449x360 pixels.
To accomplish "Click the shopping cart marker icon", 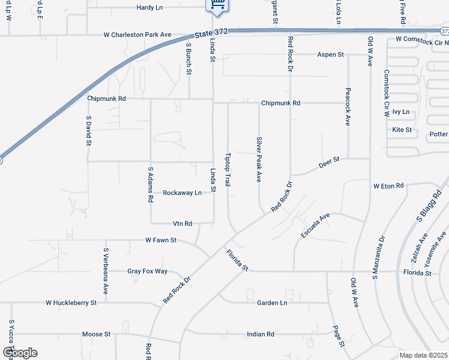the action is pos(217,5).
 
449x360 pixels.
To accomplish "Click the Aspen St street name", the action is pos(330,55).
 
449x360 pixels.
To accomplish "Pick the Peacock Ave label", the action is pos(347,107).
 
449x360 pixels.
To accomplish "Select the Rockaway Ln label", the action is pos(182,193).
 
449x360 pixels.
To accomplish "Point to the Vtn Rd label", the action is pos(182,223).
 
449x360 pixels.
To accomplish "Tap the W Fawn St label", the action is pos(161,240).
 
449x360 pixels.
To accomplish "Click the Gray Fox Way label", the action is pos(147,271).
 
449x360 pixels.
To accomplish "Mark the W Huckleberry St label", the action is pos(71,303).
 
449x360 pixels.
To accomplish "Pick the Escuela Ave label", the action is pos(316,225).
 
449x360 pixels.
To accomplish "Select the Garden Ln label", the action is pos(272,303).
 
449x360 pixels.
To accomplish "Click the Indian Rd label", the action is pos(260,334).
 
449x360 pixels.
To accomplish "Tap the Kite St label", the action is pos(402,130).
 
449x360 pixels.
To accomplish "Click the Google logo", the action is pos(19,353).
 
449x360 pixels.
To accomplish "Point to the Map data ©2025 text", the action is pos(423,355).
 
